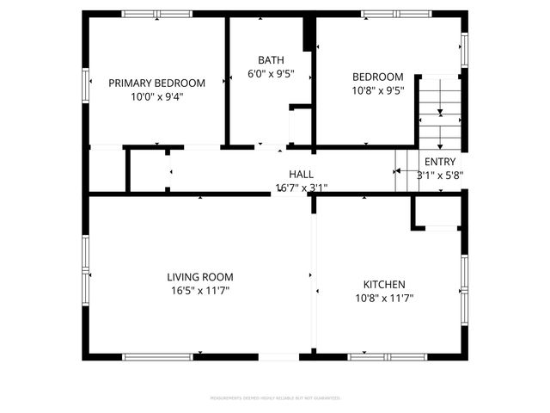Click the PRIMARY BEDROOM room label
[156, 83]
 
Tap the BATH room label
[271, 59]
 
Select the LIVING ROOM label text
[199, 277]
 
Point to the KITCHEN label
[384, 284]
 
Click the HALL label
[301, 174]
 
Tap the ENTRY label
[440, 161]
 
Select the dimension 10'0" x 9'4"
[156, 97]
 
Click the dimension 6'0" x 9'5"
[271, 74]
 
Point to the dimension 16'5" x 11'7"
[199, 292]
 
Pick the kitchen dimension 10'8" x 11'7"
[384, 299]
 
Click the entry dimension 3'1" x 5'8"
[440, 175]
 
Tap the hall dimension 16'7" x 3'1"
[301, 188]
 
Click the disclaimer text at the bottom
[275, 398]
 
